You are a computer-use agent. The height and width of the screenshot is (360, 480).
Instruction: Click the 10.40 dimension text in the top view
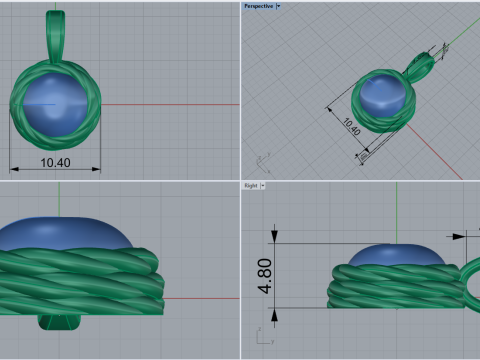coord(55,162)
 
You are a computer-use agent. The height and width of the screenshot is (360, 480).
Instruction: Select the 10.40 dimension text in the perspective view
coord(351,128)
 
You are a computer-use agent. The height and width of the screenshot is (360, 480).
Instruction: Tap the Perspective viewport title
coord(258,6)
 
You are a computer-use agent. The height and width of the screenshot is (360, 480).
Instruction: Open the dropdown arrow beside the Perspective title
coord(278,6)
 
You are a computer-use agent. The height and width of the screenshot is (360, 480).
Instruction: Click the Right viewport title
coord(250,186)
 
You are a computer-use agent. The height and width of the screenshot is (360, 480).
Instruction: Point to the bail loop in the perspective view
coord(420,66)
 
